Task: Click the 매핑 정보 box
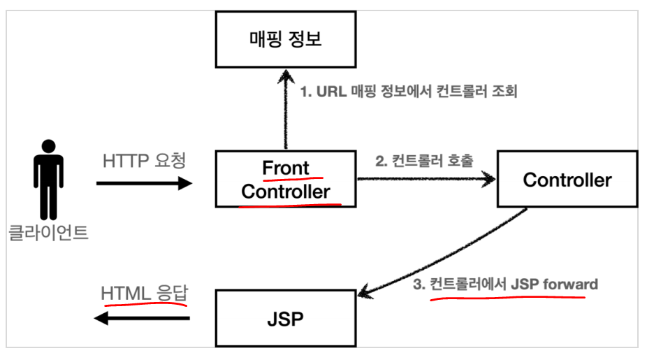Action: [x=286, y=39]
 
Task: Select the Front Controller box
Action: [x=286, y=180]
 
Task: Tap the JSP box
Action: [x=286, y=318]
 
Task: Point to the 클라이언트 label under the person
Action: [x=48, y=232]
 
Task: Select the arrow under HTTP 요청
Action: [x=144, y=184]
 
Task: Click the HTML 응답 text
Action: [x=145, y=294]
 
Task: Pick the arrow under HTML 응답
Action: [x=143, y=319]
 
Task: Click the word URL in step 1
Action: [x=334, y=92]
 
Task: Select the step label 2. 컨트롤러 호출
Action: [x=424, y=161]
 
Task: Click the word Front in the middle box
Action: [x=285, y=168]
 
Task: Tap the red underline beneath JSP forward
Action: [x=507, y=296]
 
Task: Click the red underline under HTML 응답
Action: [x=145, y=305]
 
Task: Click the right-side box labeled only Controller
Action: [x=567, y=180]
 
